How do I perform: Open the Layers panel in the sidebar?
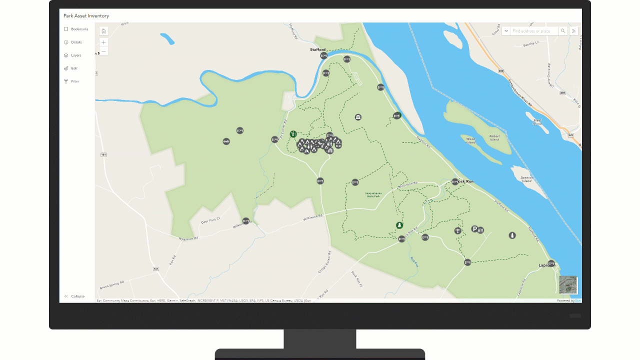click(75, 55)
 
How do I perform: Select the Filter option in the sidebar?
click(74, 81)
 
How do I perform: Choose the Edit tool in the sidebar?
click(73, 68)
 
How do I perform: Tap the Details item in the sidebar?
click(76, 42)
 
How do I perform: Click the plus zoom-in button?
click(103, 42)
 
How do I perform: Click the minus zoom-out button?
click(103, 51)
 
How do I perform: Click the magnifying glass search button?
click(563, 31)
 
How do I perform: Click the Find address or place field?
click(533, 31)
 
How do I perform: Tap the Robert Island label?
click(494, 137)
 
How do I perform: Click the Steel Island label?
click(537, 122)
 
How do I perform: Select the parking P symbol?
click(474, 229)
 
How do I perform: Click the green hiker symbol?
click(293, 134)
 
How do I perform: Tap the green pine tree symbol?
click(399, 225)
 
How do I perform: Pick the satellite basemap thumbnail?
click(568, 284)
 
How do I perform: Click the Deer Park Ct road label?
click(210, 220)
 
